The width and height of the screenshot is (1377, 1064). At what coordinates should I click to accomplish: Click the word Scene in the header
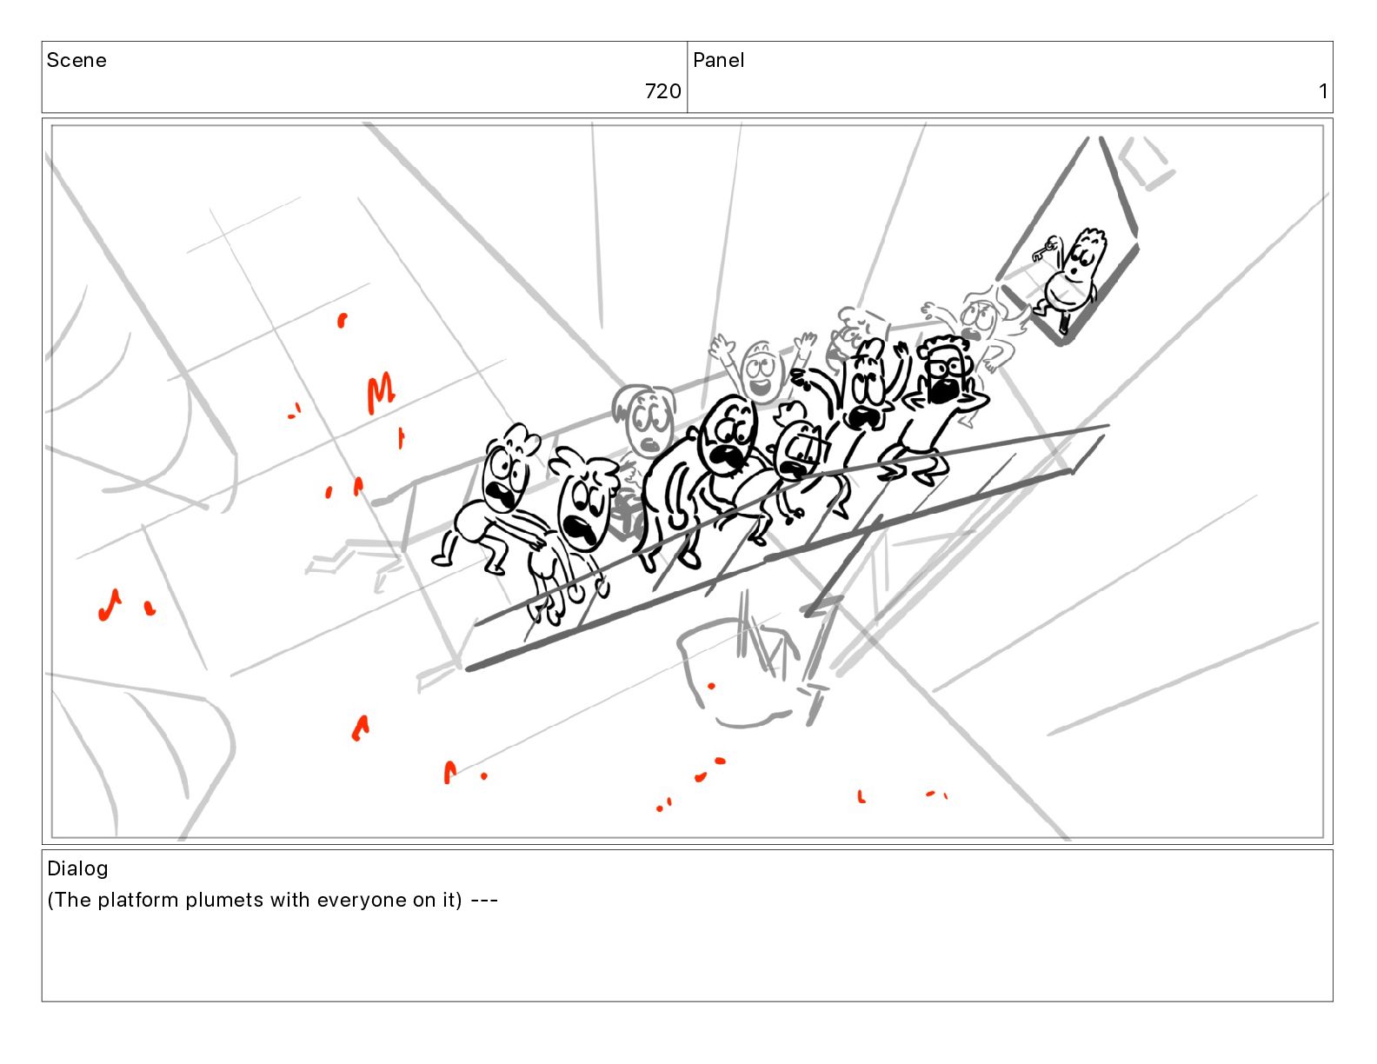76,60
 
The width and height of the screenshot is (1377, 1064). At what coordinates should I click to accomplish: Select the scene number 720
662,91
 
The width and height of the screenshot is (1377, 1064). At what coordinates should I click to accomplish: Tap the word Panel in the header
718,60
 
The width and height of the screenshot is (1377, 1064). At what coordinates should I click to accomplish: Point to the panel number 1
1322,91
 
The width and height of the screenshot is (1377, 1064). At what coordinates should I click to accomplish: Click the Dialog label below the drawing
77,868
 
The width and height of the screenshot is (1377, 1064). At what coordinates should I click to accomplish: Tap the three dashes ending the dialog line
484,900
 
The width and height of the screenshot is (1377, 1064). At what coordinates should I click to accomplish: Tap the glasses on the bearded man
944,367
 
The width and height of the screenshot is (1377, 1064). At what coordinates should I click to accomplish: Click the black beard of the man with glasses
942,389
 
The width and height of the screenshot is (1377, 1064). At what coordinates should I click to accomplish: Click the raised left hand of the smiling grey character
721,349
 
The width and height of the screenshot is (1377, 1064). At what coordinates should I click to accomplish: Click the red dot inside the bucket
712,686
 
